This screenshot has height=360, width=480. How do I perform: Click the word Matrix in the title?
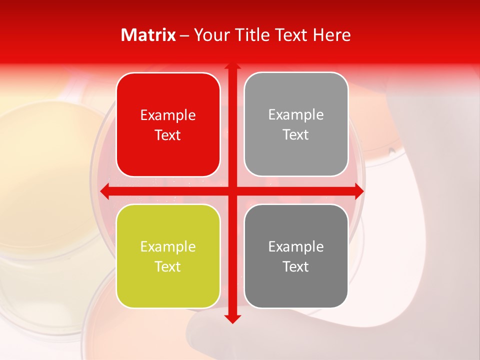click(148, 34)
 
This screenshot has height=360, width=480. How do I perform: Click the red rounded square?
click(168, 124)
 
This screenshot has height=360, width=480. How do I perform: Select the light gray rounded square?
click(296, 124)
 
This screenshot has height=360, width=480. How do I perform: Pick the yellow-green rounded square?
click(168, 256)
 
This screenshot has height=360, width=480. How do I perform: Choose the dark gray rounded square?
click(296, 256)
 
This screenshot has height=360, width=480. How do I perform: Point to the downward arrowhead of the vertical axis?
click(232, 319)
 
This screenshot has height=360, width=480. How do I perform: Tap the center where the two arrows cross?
click(232, 190)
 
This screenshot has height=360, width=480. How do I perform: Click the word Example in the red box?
click(168, 115)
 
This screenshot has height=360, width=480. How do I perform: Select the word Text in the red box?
click(168, 135)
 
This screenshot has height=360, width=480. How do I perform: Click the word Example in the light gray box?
click(296, 114)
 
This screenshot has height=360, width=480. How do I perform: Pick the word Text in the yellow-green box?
click(168, 266)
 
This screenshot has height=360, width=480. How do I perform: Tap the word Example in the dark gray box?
click(296, 246)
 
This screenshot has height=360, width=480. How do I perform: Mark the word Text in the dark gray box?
click(296, 266)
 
